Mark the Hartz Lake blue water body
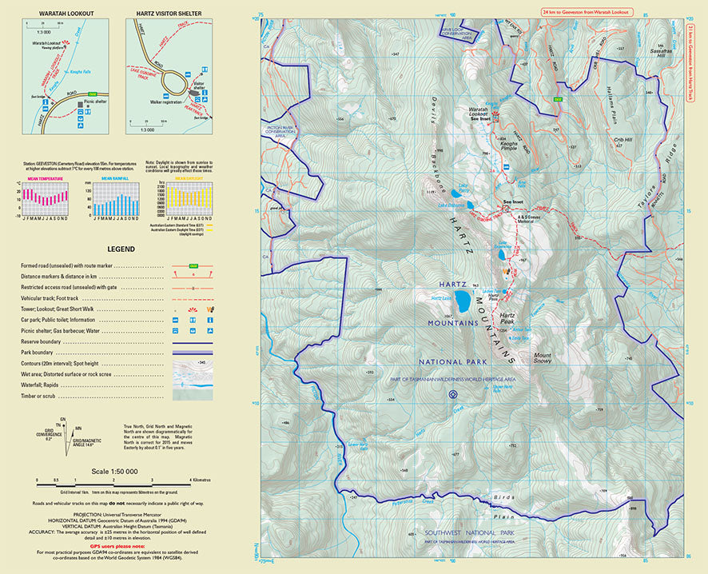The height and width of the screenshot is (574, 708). (461, 303)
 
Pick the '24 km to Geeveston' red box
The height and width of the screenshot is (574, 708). (586, 13)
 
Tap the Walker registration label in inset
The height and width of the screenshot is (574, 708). (166, 102)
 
